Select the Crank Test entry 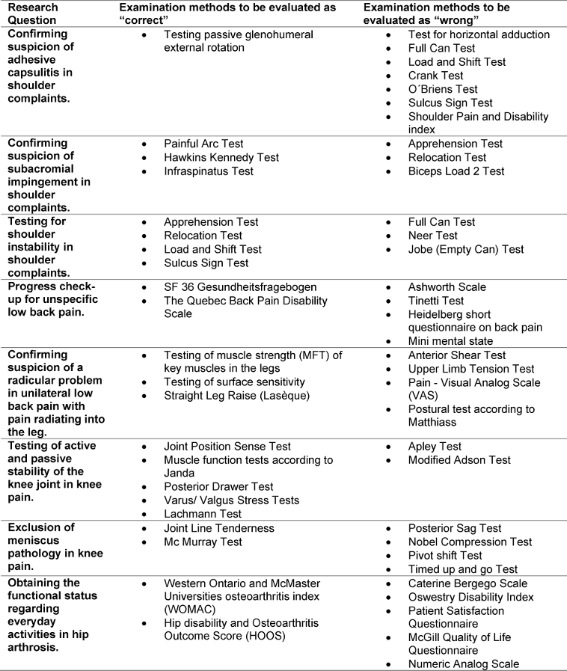(435, 76)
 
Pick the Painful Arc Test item (203, 144)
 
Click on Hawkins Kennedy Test (221, 157)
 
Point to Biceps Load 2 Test (456, 171)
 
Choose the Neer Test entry (432, 236)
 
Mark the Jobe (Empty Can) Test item (466, 249)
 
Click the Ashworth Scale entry (447, 287)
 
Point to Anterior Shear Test (457, 355)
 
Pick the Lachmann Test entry (203, 515)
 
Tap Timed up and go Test (462, 569)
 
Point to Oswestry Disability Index (471, 597)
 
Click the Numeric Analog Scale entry (464, 664)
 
